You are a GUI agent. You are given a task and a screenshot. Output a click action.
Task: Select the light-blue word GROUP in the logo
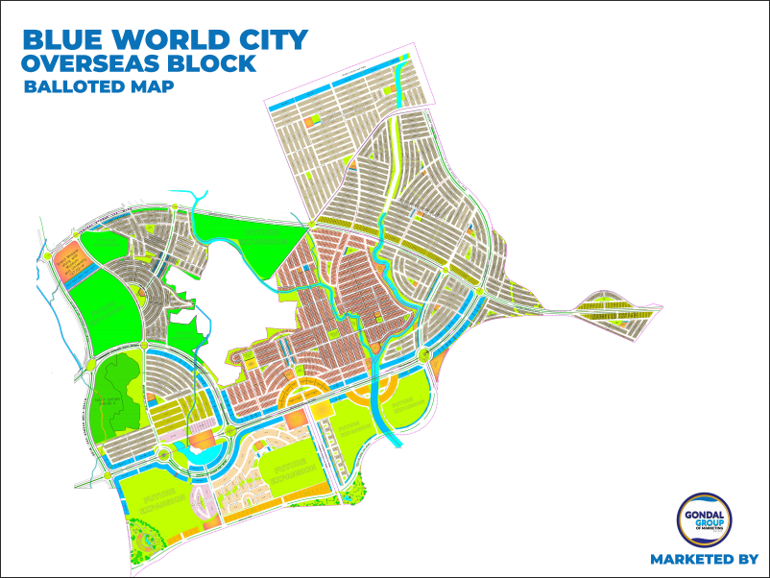(x=706, y=523)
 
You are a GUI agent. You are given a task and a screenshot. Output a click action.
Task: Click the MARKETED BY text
(x=704, y=559)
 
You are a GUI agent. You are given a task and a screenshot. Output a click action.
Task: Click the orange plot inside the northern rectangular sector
(x=310, y=122)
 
